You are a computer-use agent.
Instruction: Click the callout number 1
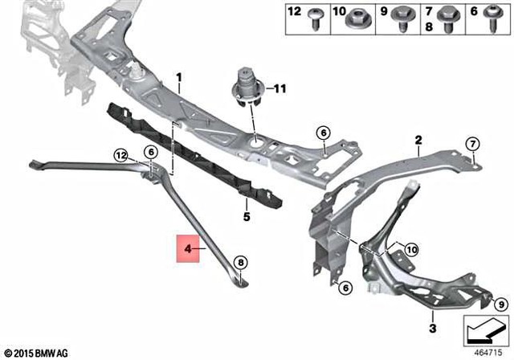point(179,78)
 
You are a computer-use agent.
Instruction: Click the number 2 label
point(418,140)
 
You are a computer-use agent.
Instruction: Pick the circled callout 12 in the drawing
point(120,154)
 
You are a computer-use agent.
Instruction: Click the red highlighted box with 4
point(189,251)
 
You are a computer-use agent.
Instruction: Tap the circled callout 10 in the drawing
point(411,250)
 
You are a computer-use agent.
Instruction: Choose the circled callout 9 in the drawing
point(500,304)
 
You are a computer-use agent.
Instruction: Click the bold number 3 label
point(431,329)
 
